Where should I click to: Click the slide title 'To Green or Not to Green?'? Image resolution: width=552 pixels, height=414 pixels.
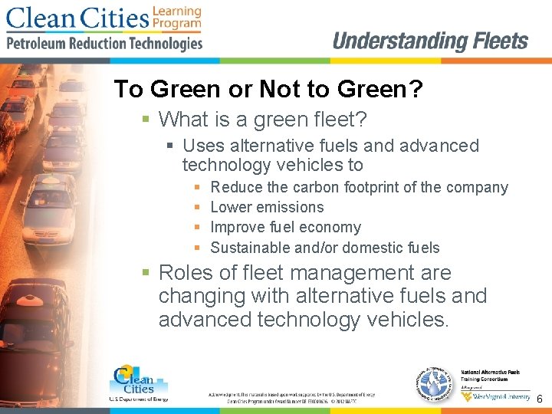pyautogui.click(x=268, y=90)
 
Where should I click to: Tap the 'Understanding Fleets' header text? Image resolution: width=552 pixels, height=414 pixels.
pyautogui.click(x=430, y=41)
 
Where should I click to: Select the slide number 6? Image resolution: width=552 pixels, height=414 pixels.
pyautogui.click(x=540, y=399)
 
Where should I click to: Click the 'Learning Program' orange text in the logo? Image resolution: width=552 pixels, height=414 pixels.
pyautogui.click(x=176, y=18)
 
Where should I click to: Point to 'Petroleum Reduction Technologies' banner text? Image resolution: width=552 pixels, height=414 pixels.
pyautogui.click(x=104, y=44)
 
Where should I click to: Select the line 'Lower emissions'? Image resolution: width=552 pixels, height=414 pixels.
pyautogui.click(x=267, y=207)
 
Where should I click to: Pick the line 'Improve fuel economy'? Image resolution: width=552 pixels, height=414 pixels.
pyautogui.click(x=285, y=227)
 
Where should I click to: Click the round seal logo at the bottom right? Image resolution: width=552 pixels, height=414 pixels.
pyautogui.click(x=438, y=382)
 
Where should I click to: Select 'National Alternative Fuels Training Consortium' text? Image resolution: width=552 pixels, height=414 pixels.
pyautogui.click(x=490, y=376)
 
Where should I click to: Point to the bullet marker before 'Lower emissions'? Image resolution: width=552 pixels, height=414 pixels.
pyautogui.click(x=197, y=207)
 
